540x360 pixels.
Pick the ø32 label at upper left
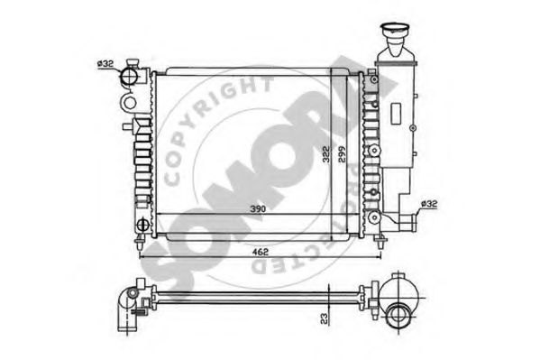coord(105,63)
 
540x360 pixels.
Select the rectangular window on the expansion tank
coord(398,114)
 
